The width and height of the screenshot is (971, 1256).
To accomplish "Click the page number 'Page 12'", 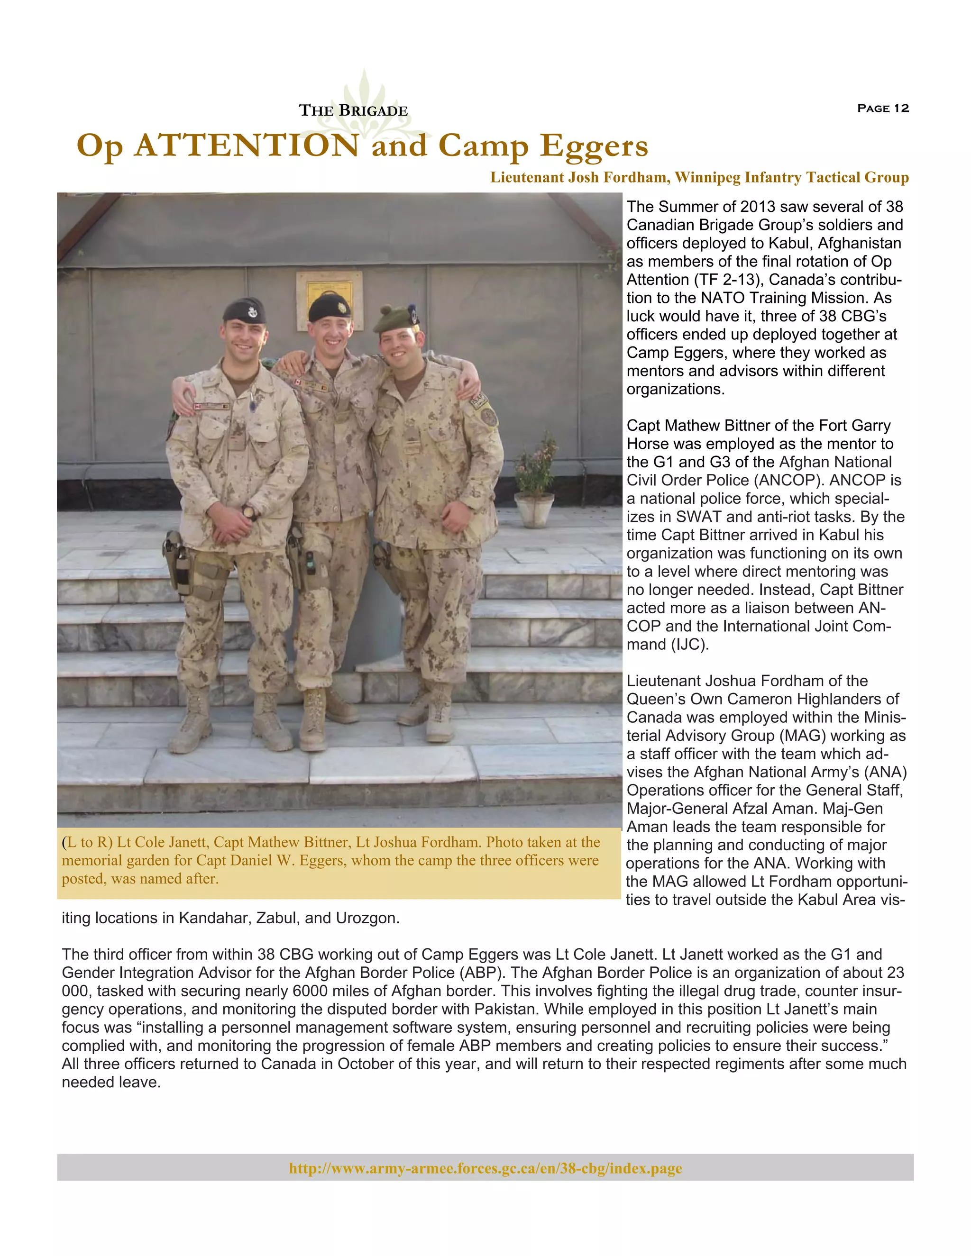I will click(882, 108).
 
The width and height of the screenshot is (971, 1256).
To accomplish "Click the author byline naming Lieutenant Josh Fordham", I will click(699, 177).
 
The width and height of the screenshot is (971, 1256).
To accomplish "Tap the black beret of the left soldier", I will click(244, 311).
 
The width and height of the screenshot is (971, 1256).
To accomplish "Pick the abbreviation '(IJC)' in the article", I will click(690, 644).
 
